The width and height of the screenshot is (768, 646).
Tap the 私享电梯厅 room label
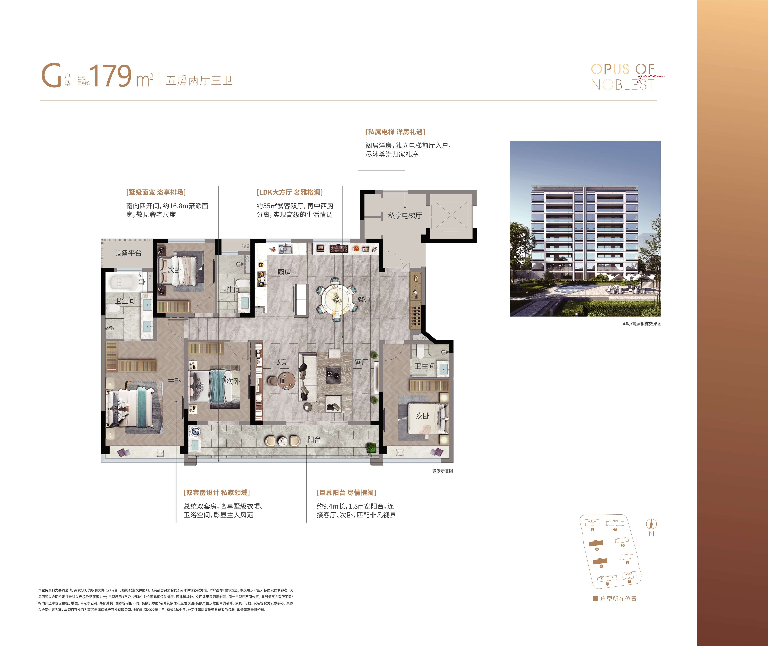pos(405,215)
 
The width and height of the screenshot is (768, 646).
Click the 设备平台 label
pos(128,253)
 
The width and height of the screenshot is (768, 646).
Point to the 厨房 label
pos(284,272)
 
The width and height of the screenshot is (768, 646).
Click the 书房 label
pos(280,362)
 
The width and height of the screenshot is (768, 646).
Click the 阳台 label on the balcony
pos(314,439)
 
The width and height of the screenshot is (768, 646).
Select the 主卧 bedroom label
pos(174,381)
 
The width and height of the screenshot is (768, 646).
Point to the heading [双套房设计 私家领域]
pos(217,493)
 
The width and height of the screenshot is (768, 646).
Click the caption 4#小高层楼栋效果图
pos(642,324)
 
